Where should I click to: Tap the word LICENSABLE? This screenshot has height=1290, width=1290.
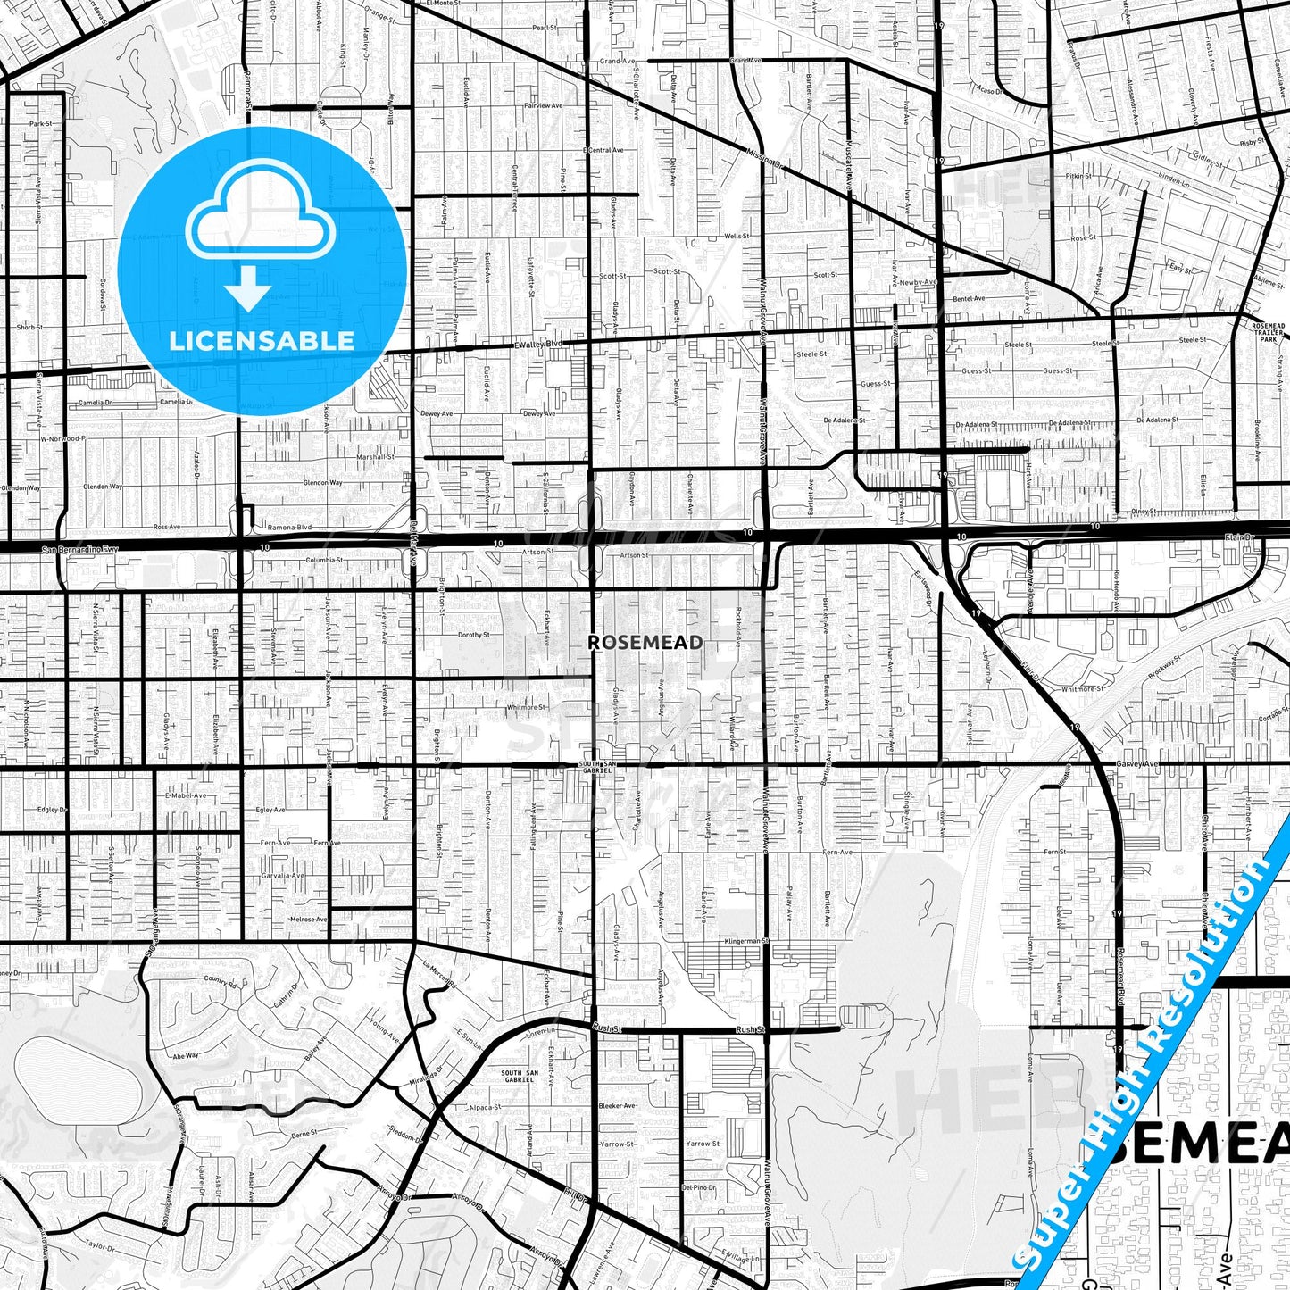point(262,340)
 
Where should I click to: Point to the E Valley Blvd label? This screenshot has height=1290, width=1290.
point(538,344)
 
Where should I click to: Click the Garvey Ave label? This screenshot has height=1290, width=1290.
point(1137,764)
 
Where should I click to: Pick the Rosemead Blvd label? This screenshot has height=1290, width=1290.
point(1119,978)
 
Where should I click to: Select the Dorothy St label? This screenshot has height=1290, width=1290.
point(473,635)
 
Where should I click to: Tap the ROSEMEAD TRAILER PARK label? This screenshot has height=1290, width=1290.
point(1269,332)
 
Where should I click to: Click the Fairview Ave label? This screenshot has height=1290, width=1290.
point(543,105)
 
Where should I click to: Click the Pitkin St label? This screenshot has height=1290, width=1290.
point(1078,176)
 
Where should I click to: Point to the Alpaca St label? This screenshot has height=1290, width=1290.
point(485,1107)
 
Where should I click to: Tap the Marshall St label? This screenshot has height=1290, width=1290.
point(376,456)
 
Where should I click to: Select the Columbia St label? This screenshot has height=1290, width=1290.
point(325,560)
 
